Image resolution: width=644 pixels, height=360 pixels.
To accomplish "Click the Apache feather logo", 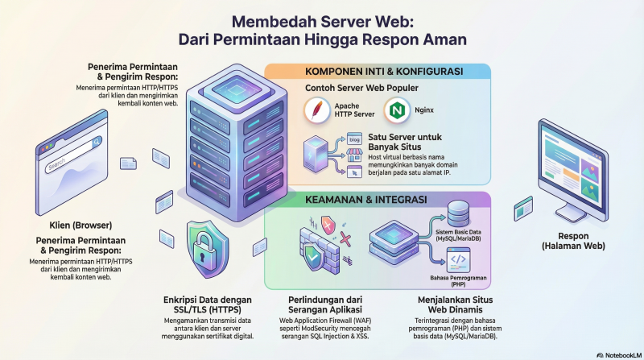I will [x=318, y=111].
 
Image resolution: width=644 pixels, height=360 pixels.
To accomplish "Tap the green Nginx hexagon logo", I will [x=395, y=110].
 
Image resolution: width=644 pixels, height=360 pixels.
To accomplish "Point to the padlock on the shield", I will [x=201, y=247].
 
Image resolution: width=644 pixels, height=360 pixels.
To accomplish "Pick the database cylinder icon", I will [x=420, y=217].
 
